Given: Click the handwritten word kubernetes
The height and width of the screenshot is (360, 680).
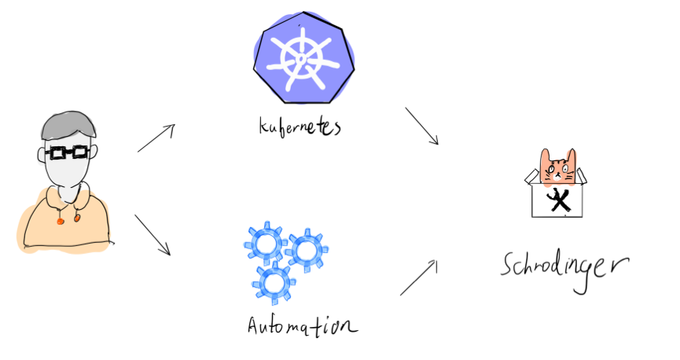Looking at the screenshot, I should tap(300, 126).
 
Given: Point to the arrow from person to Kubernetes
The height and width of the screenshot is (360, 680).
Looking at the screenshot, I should tap(156, 138).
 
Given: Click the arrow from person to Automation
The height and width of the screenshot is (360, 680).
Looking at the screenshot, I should tap(153, 234).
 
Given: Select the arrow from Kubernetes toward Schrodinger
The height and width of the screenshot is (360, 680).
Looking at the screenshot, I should tap(422, 126).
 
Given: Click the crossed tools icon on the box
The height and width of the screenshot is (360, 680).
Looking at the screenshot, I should tap(559, 200).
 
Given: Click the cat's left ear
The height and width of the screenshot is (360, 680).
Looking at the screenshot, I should tap(545, 155).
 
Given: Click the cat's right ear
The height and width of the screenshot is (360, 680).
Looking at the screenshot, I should tap(571, 154).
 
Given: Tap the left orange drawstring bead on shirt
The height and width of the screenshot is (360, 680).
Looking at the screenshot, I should tap(60, 220).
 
